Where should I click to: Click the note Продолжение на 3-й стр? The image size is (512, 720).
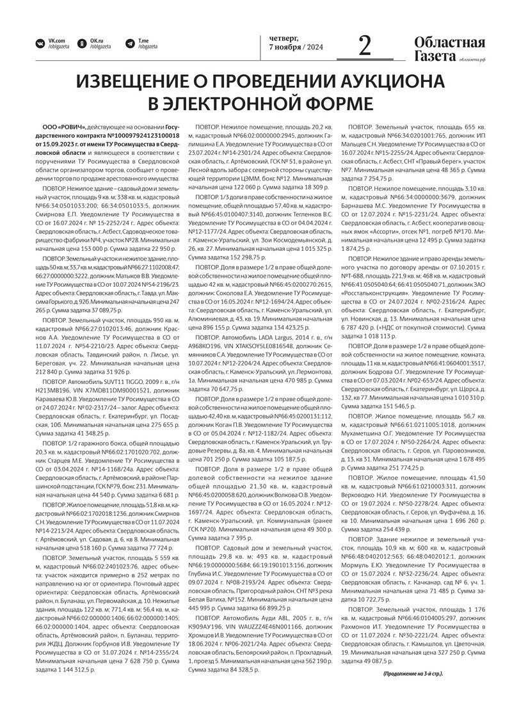click(x=413, y=674)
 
